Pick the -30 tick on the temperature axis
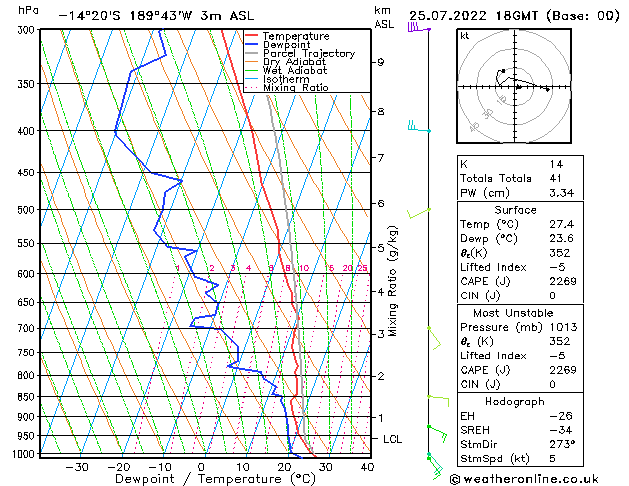[76, 466]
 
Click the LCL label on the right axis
[393, 439]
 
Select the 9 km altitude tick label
[381, 62]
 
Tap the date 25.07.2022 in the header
[447, 16]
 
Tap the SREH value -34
[558, 430]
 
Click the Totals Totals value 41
[555, 178]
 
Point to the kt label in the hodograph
[464, 36]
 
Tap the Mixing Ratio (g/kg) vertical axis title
[393, 281]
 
